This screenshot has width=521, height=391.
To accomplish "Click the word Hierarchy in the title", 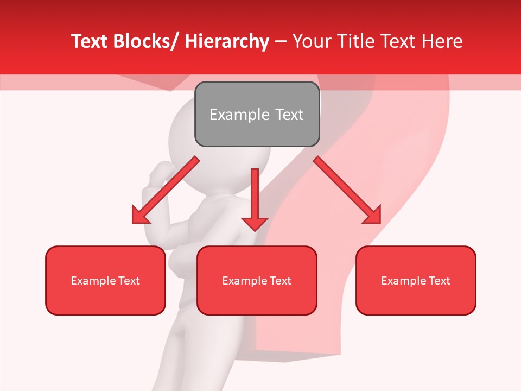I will [227, 41].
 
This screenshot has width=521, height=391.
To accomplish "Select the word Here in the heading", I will [442, 41].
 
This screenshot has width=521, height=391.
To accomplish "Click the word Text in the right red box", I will [439, 281].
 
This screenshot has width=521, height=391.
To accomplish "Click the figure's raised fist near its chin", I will [160, 173].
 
